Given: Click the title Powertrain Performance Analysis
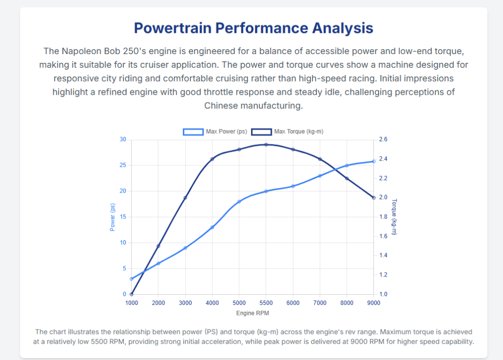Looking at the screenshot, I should pyautogui.click(x=253, y=28).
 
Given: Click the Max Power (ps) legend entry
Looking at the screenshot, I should pyautogui.click(x=215, y=132).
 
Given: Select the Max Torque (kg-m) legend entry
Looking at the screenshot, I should pyautogui.click(x=287, y=132).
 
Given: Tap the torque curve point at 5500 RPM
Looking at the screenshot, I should pyautogui.click(x=266, y=144).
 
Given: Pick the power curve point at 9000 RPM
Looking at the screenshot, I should pyautogui.click(x=374, y=162).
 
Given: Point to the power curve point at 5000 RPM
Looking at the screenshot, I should pyautogui.click(x=239, y=202).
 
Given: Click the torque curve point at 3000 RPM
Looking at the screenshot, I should pyautogui.click(x=185, y=198).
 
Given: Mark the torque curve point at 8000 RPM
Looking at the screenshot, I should pyautogui.click(x=347, y=178).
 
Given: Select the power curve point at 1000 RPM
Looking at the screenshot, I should pyautogui.click(x=131, y=279).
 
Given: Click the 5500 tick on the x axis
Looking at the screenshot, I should pyautogui.click(x=266, y=303).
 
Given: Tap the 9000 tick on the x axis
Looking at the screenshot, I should pyautogui.click(x=374, y=303).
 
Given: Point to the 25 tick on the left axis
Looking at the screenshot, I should pyautogui.click(x=123, y=166).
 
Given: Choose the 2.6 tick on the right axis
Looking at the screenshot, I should pyautogui.click(x=383, y=139).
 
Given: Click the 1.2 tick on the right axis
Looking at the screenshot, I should pyautogui.click(x=383, y=275).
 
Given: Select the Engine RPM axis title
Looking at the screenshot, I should pyautogui.click(x=252, y=313).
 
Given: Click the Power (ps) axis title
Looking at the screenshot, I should pyautogui.click(x=112, y=217).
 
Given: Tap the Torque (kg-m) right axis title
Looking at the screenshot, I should pyautogui.click(x=394, y=217).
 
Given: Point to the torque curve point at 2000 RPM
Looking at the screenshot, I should pyautogui.click(x=158, y=246).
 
